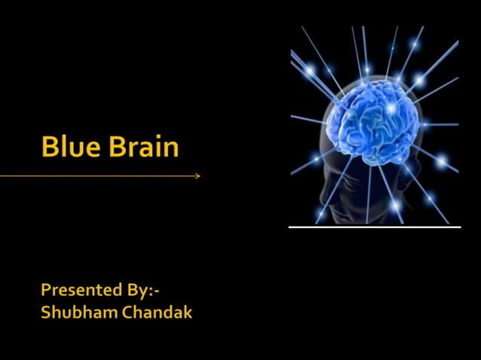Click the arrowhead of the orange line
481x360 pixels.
point(198,176)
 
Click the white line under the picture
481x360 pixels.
point(375,227)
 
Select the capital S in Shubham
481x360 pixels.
point(46,312)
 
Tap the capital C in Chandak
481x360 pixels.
point(125,312)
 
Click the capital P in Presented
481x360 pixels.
point(46,289)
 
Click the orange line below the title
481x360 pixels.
point(98,176)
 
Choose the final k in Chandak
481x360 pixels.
point(188,312)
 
